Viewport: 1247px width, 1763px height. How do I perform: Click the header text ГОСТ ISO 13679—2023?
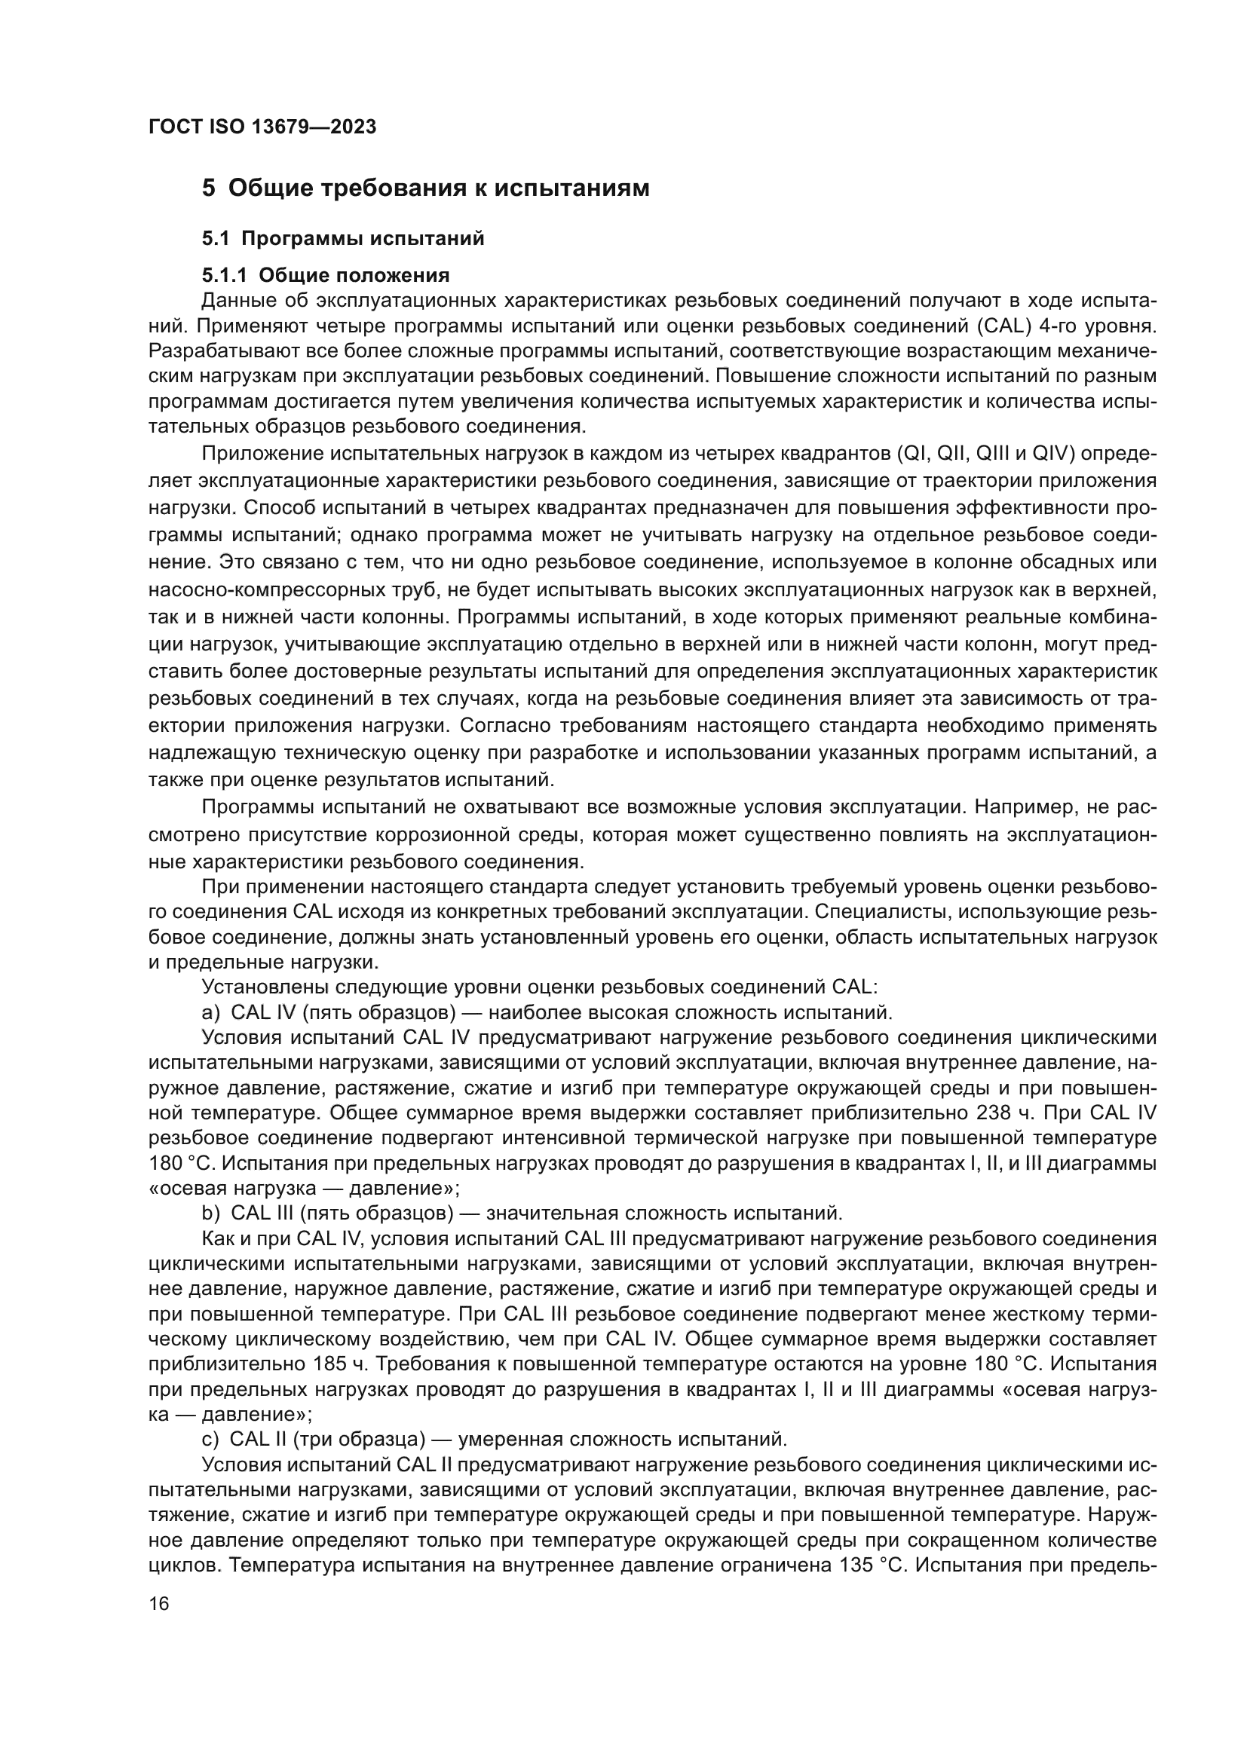click(262, 127)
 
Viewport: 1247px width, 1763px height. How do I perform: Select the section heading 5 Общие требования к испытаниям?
click(425, 188)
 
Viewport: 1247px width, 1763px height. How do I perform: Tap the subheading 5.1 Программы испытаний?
click(343, 239)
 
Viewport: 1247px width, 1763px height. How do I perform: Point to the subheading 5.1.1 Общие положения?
click(326, 275)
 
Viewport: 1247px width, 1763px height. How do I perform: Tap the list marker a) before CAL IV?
click(211, 1012)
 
